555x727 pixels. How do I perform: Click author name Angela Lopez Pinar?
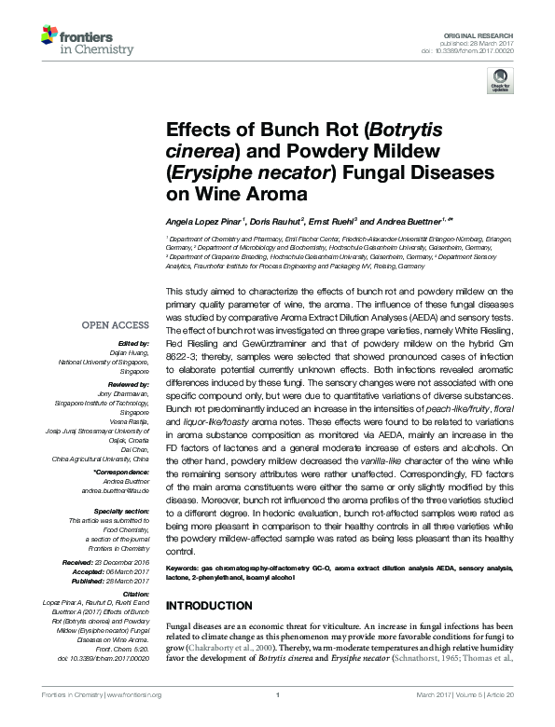pyautogui.click(x=204, y=222)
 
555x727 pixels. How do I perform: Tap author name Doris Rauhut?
pyautogui.click(x=278, y=222)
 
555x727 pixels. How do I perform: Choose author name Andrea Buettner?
pyautogui.click(x=414, y=222)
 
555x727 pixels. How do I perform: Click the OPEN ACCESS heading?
pyautogui.click(x=115, y=325)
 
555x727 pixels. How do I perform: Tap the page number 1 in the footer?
pyautogui.click(x=277, y=718)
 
